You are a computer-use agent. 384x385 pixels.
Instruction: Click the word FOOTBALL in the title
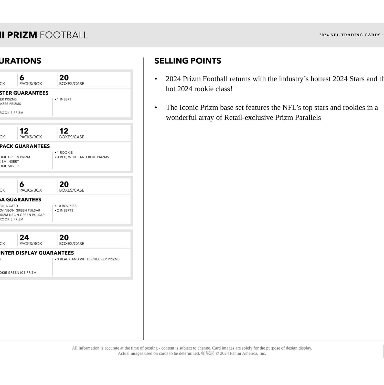pyautogui.click(x=64, y=35)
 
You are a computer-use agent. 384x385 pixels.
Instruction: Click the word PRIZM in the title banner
pyautogui.click(x=22, y=35)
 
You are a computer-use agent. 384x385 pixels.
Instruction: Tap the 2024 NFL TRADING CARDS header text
pyautogui.click(x=350, y=35)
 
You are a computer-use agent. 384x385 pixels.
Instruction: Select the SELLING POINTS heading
pyautogui.click(x=188, y=61)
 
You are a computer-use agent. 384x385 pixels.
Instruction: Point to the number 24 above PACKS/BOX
pyautogui.click(x=24, y=238)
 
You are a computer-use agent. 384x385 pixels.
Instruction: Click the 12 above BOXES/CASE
pyautogui.click(x=64, y=131)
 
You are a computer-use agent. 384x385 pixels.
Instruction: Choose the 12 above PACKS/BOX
pyautogui.click(x=24, y=131)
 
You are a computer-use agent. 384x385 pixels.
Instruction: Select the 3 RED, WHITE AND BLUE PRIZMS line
pyautogui.click(x=83, y=157)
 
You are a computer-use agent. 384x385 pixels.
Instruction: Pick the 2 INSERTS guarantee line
pyautogui.click(x=65, y=210)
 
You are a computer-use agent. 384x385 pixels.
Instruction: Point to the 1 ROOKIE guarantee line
pyautogui.click(x=65, y=153)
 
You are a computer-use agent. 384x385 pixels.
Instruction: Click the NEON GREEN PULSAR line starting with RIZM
pyautogui.click(x=22, y=215)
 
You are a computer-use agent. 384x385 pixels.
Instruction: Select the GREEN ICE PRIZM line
pyautogui.click(x=18, y=273)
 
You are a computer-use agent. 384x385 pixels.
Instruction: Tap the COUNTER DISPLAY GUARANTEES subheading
pyautogui.click(x=37, y=253)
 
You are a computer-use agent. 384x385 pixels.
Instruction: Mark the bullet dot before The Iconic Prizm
pyautogui.click(x=156, y=107)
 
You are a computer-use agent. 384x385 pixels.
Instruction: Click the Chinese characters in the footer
pyautogui.click(x=208, y=353)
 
